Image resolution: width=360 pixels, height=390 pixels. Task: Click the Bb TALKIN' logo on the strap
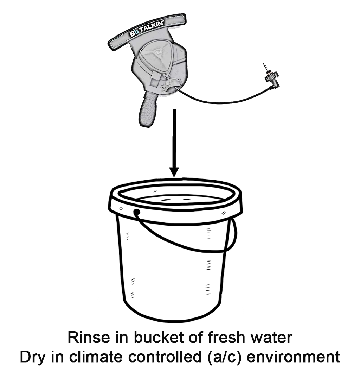pos(146,29)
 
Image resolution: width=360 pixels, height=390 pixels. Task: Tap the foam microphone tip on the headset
pos(148,109)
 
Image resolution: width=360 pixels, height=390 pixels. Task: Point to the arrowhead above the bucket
pos(174,172)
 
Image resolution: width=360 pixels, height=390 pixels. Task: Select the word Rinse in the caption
pos(89,338)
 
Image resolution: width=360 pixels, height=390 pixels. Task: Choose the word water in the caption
pos(271,338)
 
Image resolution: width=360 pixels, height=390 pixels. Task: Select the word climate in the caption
pos(96,357)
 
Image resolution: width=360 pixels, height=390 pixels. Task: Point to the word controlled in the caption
pos(165,357)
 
